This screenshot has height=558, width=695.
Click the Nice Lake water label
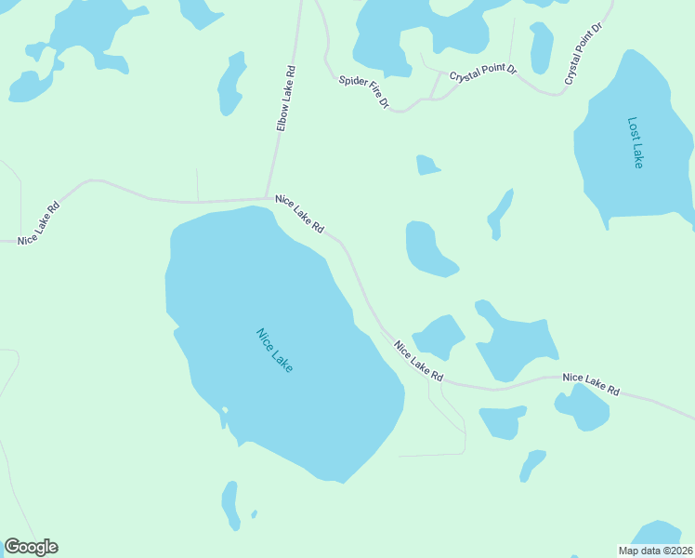point(275,350)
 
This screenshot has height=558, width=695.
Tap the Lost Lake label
point(635,142)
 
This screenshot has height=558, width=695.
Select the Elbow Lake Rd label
point(285,98)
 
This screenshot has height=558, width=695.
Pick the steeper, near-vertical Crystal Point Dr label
point(584,54)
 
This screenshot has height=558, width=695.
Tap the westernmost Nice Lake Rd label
point(39,223)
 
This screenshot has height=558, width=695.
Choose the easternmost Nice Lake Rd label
point(591,384)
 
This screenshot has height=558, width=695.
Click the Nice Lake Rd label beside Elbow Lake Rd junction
point(299,214)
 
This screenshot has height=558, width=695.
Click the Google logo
point(31,547)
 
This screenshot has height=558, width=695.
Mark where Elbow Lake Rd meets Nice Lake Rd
point(269,197)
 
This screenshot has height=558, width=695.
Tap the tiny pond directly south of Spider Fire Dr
point(426,166)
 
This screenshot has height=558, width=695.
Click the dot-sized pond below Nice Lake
point(255,512)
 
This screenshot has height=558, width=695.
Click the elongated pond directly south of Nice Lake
point(230,505)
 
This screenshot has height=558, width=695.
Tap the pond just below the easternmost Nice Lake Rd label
point(582,408)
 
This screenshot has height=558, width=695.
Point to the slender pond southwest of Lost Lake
point(501,214)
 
